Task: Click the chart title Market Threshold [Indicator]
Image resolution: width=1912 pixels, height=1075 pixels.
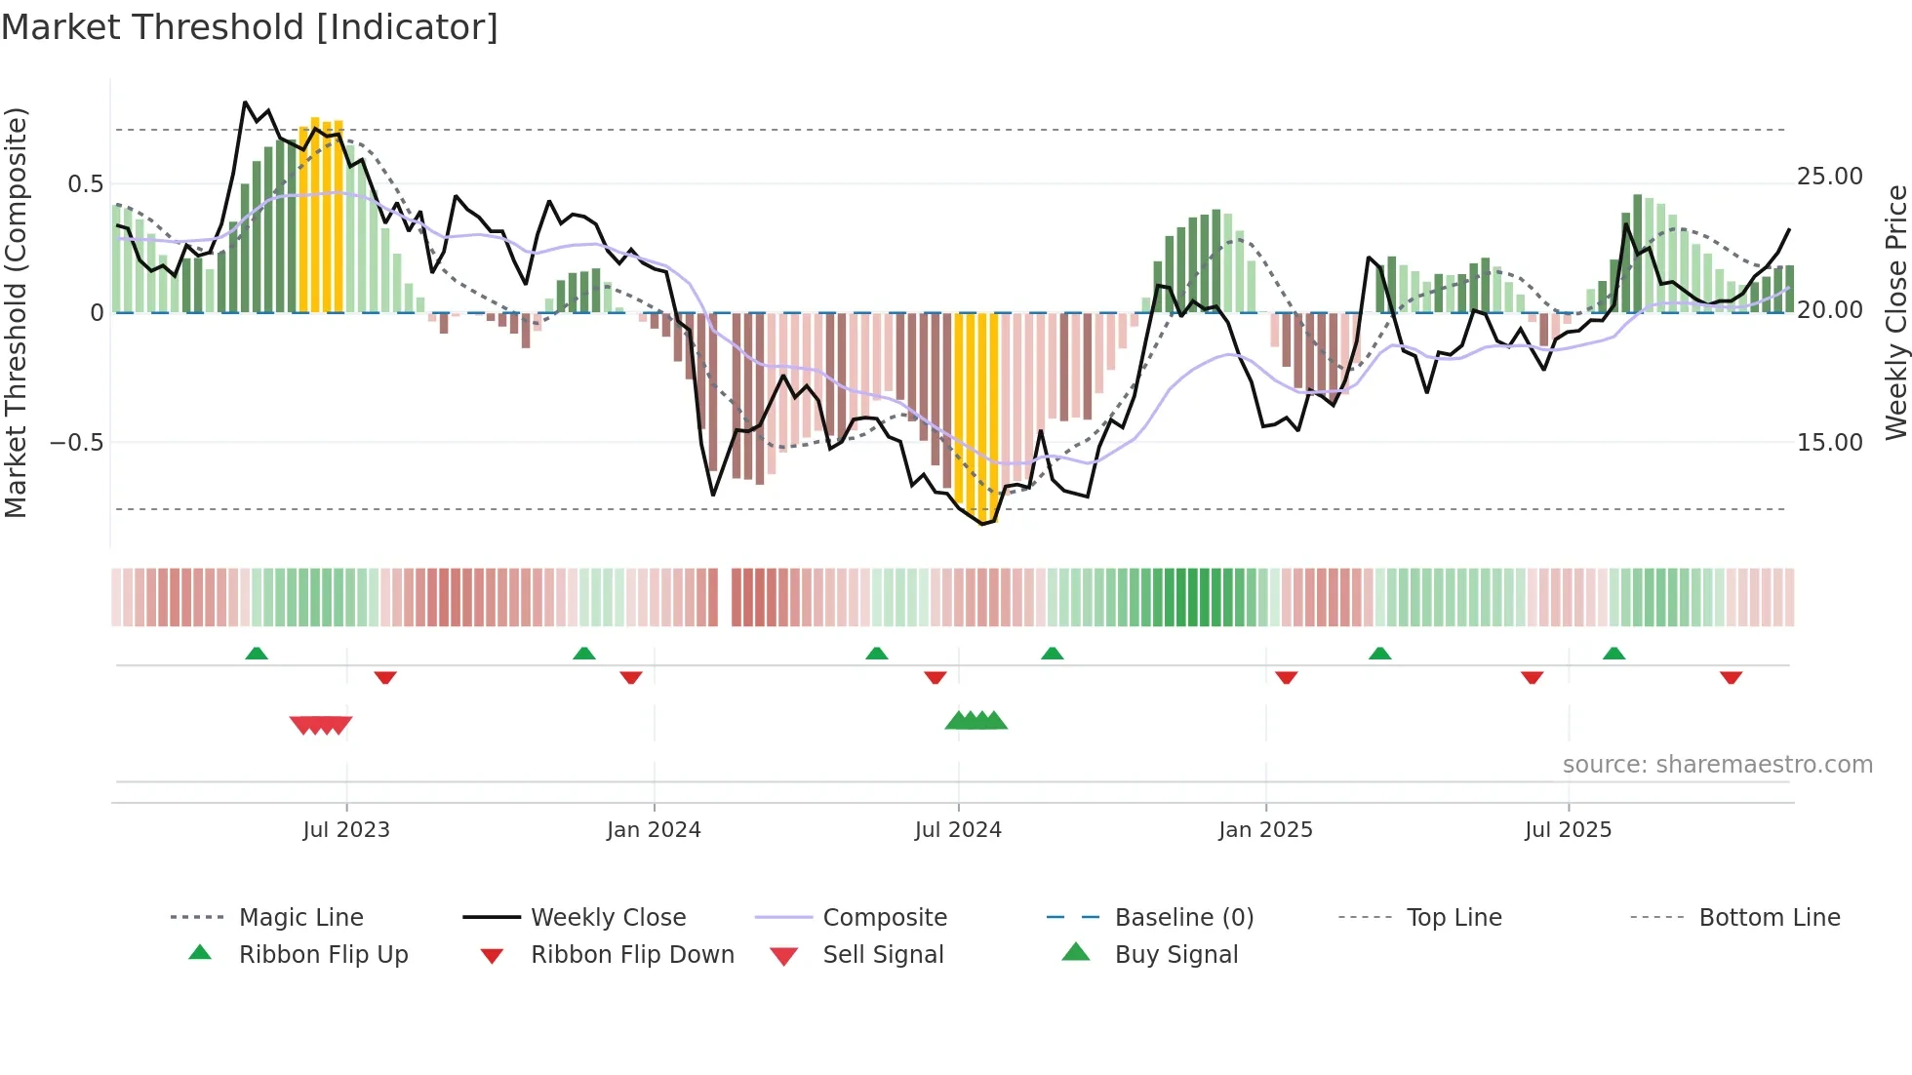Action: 250,27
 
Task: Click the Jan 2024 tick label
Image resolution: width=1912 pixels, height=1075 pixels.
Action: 654,830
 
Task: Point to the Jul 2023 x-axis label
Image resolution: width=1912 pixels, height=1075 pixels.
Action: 346,830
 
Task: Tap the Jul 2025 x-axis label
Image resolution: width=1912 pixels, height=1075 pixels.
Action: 1568,830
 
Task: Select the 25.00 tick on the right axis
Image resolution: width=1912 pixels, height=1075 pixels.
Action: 1830,177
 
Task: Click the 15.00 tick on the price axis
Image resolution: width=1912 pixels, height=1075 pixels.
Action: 1830,443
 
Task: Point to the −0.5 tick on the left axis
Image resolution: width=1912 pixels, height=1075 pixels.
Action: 76,443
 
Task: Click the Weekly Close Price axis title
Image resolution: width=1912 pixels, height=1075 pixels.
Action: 1895,312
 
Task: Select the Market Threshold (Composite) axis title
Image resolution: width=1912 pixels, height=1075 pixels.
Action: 17,312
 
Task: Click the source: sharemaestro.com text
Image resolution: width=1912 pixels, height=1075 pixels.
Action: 1717,765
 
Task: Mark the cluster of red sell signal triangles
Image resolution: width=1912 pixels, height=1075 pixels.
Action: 321,725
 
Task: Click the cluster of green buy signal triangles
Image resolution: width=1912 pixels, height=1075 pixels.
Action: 976,721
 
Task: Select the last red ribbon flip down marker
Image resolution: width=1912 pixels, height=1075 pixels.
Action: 1731,677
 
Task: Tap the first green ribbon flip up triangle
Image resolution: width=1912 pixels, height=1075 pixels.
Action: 257,654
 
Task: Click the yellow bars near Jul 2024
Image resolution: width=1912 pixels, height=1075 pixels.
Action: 976,410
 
